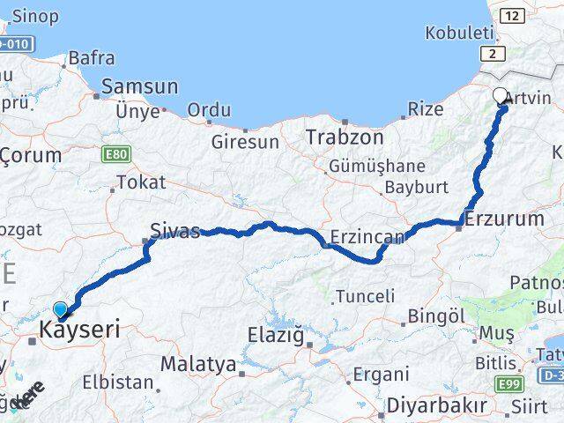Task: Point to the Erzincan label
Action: click(367, 237)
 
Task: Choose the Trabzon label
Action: click(345, 137)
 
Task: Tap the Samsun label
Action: click(140, 87)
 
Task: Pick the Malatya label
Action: click(198, 364)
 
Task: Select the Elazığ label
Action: click(274, 335)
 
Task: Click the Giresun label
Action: click(245, 141)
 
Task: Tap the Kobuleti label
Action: click(459, 33)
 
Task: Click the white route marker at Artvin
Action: click(501, 96)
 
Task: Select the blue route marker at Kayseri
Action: click(60, 309)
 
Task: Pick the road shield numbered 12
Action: click(511, 15)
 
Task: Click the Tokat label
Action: click(140, 183)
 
